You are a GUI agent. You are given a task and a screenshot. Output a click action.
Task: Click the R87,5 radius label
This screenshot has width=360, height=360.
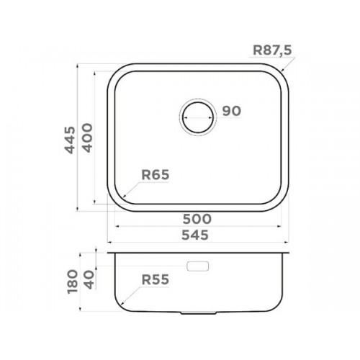(x=272, y=50)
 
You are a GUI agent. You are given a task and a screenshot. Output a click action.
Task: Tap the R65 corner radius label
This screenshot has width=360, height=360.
(x=156, y=174)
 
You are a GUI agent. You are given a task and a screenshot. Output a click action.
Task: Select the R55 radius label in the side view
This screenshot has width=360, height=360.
(x=156, y=279)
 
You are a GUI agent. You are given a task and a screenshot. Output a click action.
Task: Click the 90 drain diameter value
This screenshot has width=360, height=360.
(x=231, y=111)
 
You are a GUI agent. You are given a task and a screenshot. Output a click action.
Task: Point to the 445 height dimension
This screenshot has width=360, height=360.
(x=71, y=140)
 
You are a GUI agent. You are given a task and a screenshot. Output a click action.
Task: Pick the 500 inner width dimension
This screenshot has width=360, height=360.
(x=197, y=219)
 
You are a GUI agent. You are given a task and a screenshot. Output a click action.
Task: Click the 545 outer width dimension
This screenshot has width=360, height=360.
(x=195, y=235)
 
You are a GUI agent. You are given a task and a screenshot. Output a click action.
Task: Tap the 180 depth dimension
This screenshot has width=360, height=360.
(x=73, y=282)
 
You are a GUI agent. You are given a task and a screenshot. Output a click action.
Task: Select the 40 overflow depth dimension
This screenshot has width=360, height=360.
(x=89, y=279)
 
